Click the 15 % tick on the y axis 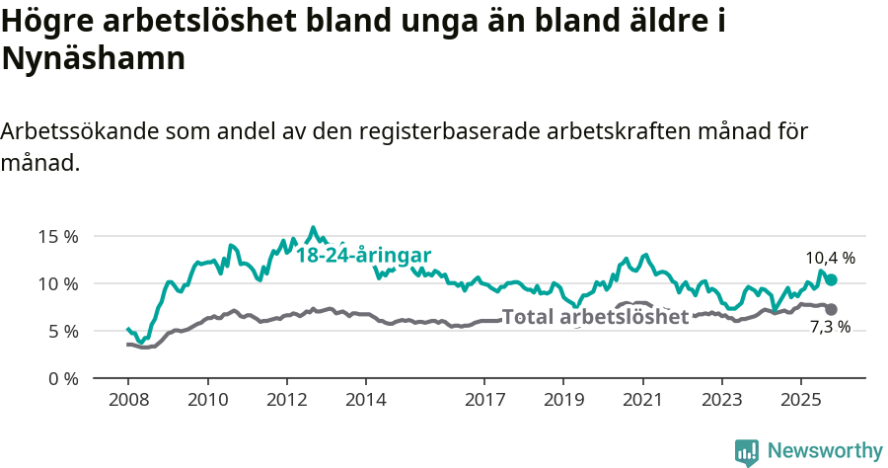point(58,236)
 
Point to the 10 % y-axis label point(58,283)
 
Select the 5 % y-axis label point(62,331)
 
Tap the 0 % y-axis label point(62,378)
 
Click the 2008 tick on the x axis point(128,401)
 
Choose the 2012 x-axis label point(287,401)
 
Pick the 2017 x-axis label point(484,401)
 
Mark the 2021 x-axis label point(642,401)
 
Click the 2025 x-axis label point(800,401)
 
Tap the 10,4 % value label point(830,258)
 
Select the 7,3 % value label point(830,327)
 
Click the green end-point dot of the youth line point(831,280)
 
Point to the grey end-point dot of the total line point(831,309)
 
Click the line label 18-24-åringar point(363,254)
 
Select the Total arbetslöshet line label point(595,317)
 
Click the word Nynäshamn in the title point(94,59)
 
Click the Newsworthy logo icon point(747,451)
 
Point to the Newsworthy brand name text point(825,451)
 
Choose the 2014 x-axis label point(366,401)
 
